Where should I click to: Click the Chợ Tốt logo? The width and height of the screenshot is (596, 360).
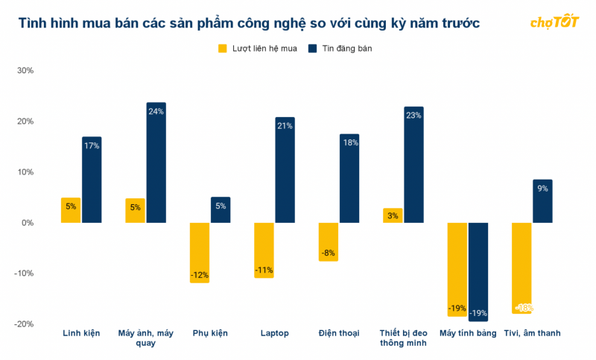coord(555,22)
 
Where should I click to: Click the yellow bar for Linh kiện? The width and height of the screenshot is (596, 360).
coord(71,210)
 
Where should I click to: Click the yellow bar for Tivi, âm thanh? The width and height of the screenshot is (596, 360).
coord(521,268)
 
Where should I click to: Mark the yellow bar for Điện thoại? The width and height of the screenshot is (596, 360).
coord(328,242)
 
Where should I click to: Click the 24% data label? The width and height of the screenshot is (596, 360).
coord(156,112)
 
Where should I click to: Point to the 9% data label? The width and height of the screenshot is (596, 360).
coord(542,189)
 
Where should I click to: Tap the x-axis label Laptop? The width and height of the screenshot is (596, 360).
coord(274,333)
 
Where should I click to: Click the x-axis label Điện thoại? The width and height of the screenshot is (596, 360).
coord(339,333)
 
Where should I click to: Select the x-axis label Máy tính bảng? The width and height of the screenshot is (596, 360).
coord(467,333)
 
